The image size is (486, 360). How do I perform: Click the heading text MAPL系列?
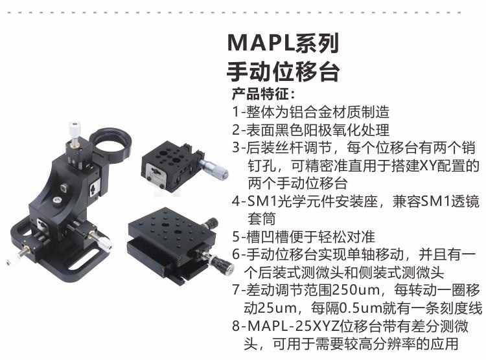[283, 43]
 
